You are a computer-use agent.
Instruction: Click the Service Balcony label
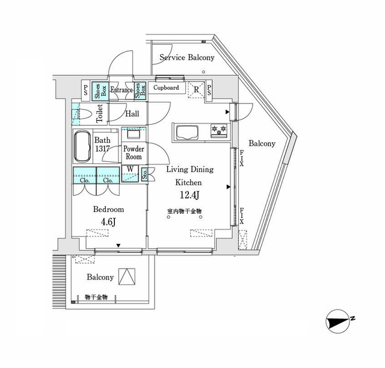tap(186, 58)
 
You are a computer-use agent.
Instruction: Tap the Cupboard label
tap(165, 88)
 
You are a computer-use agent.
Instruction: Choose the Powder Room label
tap(133, 152)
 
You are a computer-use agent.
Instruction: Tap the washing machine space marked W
tap(129, 169)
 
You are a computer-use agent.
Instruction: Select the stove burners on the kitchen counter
tap(218, 130)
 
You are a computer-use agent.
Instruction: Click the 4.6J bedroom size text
tap(108, 223)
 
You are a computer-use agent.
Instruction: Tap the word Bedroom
tap(108, 210)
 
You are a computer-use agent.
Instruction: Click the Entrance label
tap(122, 90)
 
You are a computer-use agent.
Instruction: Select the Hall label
tap(132, 113)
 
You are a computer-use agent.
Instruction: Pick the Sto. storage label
tap(145, 175)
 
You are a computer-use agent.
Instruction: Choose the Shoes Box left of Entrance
tap(103, 90)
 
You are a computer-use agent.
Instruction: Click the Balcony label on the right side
tap(262, 143)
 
